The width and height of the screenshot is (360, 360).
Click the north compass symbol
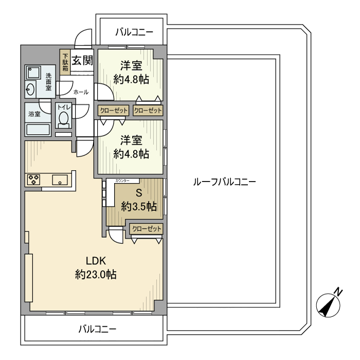(x=327, y=303)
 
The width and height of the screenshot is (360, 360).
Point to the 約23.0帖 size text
(x=96, y=275)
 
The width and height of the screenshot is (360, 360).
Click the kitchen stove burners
(x=34, y=180)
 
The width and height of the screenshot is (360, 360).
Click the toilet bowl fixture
(x=64, y=119)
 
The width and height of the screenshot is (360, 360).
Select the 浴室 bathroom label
(x=34, y=114)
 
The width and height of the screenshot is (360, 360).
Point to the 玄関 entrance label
(x=82, y=61)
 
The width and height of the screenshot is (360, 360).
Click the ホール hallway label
(x=81, y=92)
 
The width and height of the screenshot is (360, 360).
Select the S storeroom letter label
(x=138, y=194)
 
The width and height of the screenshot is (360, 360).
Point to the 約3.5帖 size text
(x=138, y=207)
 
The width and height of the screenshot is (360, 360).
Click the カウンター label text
(x=126, y=181)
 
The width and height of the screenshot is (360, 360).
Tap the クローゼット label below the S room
(x=147, y=229)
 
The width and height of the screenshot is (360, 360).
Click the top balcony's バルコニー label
(x=134, y=32)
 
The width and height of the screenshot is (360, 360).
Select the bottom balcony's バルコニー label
(x=97, y=329)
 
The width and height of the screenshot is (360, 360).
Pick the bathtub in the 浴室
(x=38, y=129)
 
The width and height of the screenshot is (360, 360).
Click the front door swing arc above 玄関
(x=81, y=38)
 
